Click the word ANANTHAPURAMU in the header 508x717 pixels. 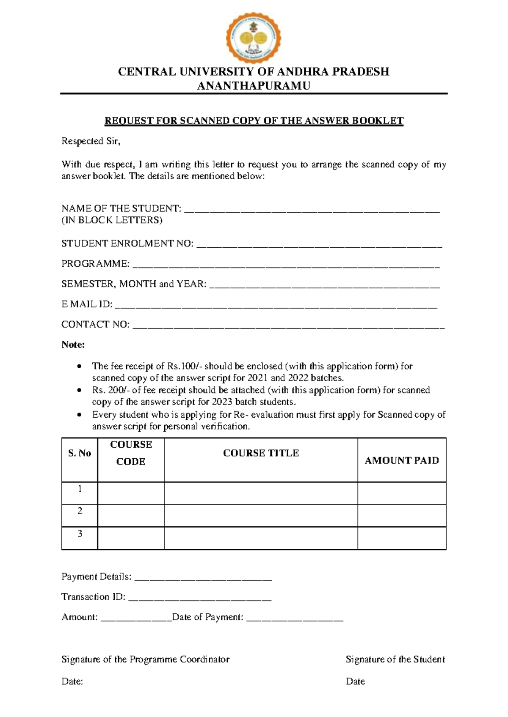click(x=254, y=86)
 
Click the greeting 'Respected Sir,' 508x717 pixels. click(x=91, y=141)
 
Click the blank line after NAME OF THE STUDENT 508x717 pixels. click(x=312, y=209)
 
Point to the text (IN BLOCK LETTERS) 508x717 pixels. click(x=112, y=220)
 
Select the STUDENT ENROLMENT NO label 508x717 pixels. click(x=127, y=244)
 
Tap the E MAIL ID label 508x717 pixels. click(x=87, y=304)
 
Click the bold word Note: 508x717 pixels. click(x=73, y=345)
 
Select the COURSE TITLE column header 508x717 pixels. click(x=261, y=453)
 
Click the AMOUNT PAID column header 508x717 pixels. click(x=402, y=460)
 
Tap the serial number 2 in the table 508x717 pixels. click(x=80, y=511)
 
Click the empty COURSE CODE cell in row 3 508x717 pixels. click(x=131, y=538)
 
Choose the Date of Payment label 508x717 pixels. click(x=208, y=617)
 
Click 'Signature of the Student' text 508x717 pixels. click(x=395, y=660)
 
